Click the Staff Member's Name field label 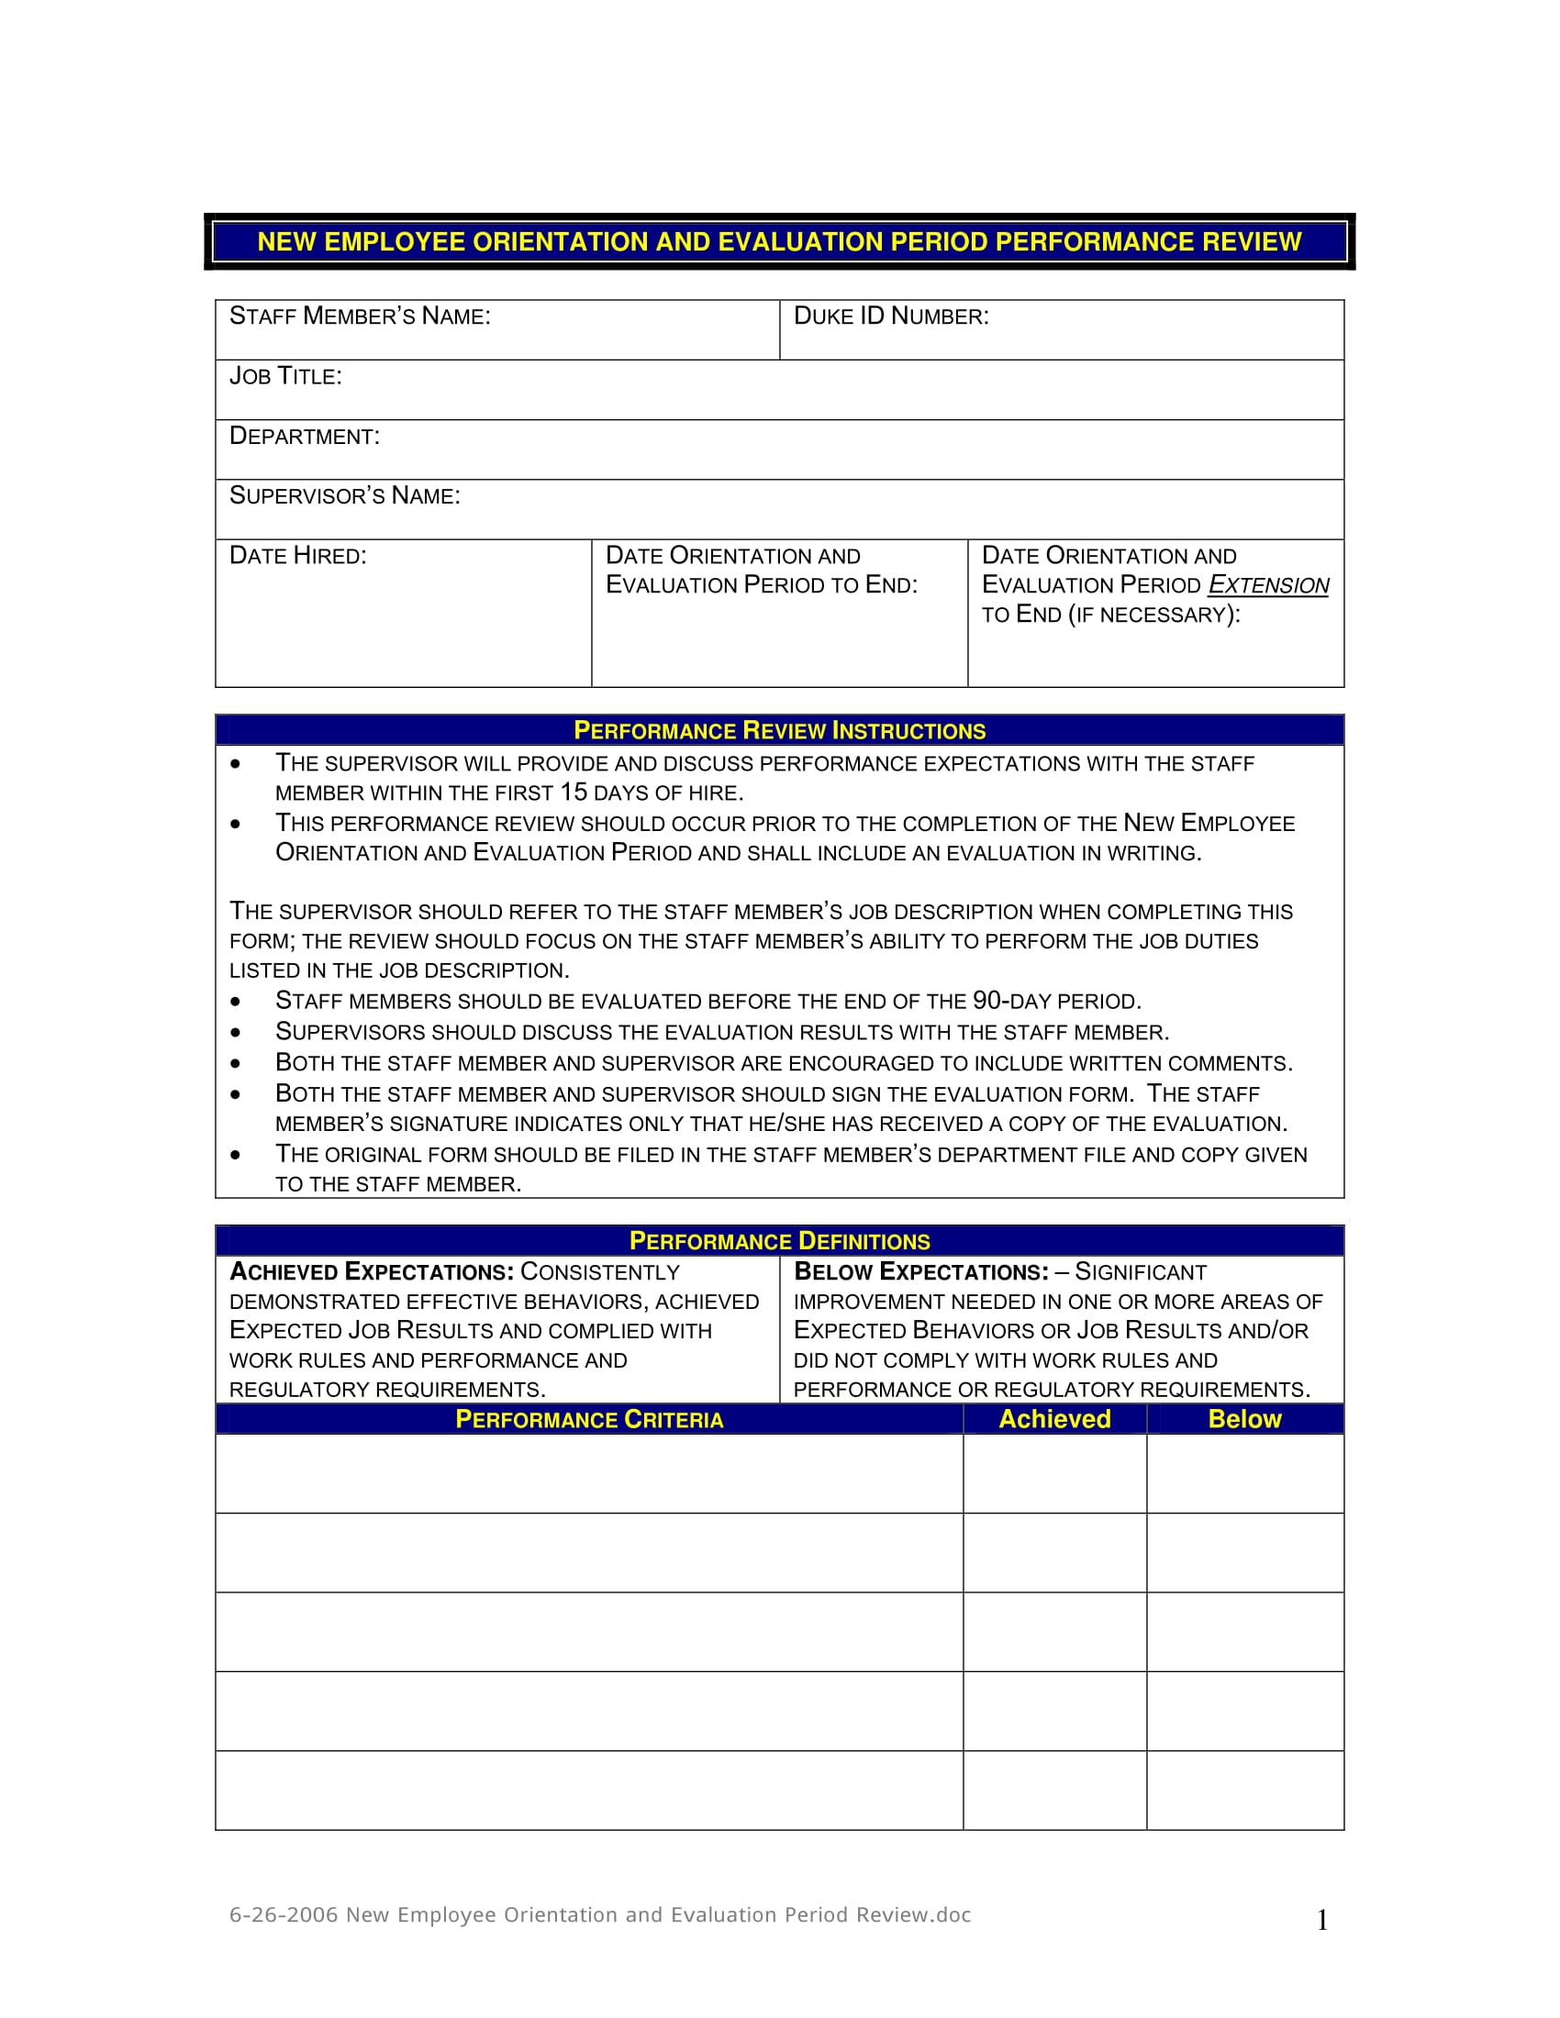(x=360, y=317)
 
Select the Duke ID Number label (x=891, y=317)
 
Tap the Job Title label (x=285, y=377)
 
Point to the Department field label (x=304, y=436)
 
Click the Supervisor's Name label (x=344, y=496)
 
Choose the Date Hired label (x=297, y=556)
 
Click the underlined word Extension (x=1268, y=586)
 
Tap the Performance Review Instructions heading (x=779, y=731)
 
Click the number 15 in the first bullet (x=573, y=793)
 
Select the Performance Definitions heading (x=779, y=1241)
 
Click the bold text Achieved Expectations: (x=372, y=1272)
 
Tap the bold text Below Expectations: (x=921, y=1272)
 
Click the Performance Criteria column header (x=589, y=1419)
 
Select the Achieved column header (x=1054, y=1419)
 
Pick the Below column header (x=1244, y=1419)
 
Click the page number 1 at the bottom (x=1321, y=1921)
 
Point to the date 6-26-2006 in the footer (x=283, y=1915)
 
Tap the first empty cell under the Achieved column (x=1054, y=1473)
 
